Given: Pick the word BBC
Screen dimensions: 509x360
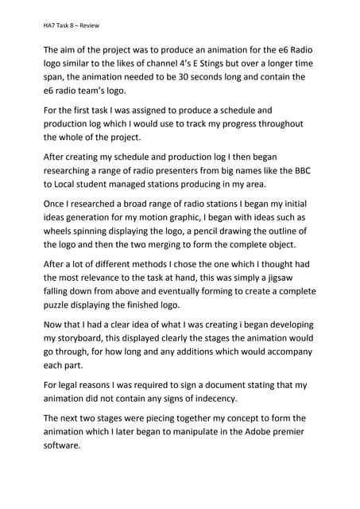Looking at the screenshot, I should tap(303, 170).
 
